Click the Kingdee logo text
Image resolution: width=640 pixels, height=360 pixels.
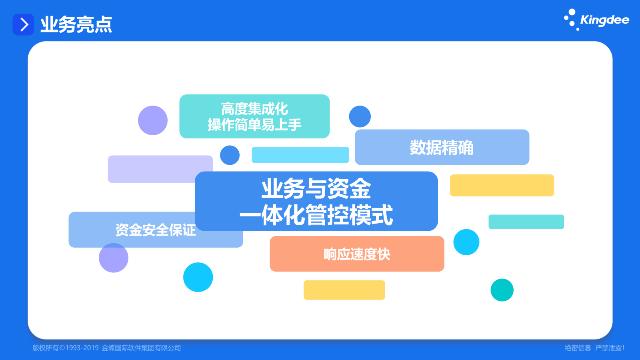(x=604, y=20)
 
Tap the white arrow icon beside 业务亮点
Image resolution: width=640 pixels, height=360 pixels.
(x=24, y=24)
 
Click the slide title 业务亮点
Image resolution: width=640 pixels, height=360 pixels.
(x=76, y=24)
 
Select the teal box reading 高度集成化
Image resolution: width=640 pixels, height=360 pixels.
(x=254, y=116)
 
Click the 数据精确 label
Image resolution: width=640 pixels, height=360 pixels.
(x=442, y=148)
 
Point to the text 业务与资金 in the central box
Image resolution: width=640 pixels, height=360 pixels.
(x=316, y=188)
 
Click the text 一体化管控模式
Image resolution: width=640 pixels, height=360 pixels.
(x=316, y=215)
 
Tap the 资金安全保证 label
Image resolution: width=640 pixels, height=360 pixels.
(x=156, y=230)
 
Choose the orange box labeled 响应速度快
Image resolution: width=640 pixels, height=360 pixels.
(x=357, y=254)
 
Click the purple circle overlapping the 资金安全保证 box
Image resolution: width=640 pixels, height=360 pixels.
(x=114, y=258)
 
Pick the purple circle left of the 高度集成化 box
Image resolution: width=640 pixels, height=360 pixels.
(x=152, y=120)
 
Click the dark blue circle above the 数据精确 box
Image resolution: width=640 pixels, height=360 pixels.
(x=360, y=116)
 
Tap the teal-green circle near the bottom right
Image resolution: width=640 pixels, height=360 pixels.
(x=502, y=290)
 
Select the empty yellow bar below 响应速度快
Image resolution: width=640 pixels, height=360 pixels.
(x=344, y=290)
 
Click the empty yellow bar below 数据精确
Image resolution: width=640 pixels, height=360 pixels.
(x=502, y=186)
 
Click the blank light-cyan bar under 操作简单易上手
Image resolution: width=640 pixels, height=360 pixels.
(x=300, y=155)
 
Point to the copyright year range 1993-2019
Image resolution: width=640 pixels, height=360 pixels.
(x=82, y=348)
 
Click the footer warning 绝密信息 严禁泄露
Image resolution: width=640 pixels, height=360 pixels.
(x=594, y=348)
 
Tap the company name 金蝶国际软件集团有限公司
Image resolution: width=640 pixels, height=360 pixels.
(x=142, y=348)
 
